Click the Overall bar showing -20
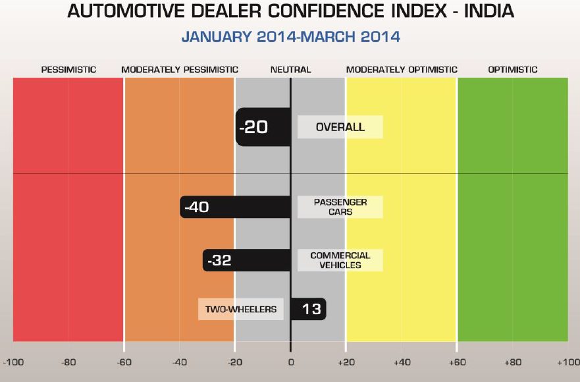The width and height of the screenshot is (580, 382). [x=263, y=126]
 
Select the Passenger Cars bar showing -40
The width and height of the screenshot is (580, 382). [x=235, y=207]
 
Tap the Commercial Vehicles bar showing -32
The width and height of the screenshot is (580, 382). [x=246, y=260]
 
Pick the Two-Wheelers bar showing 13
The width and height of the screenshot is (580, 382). [x=308, y=308]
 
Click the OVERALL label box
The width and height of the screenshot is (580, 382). [x=340, y=127]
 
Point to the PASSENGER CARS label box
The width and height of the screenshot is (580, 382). [x=340, y=207]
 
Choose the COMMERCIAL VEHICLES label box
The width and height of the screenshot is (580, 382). [x=340, y=260]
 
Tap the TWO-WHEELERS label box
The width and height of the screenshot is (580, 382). [x=240, y=308]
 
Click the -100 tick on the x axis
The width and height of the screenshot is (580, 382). [x=13, y=362]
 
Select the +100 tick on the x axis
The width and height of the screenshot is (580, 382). [x=567, y=362]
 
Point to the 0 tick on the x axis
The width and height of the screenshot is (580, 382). [x=290, y=362]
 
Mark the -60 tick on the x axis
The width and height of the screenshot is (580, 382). [x=124, y=362]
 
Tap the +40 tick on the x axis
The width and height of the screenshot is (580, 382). [x=401, y=362]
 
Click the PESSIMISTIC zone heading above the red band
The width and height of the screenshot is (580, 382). [x=68, y=69]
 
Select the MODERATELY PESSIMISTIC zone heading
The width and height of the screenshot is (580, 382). [x=180, y=69]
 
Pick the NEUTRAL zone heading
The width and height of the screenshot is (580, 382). [x=290, y=69]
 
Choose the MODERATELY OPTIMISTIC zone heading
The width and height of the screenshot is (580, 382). [x=402, y=69]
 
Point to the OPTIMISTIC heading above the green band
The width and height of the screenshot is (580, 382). [x=513, y=69]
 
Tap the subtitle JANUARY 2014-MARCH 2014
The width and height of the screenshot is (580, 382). [x=290, y=37]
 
